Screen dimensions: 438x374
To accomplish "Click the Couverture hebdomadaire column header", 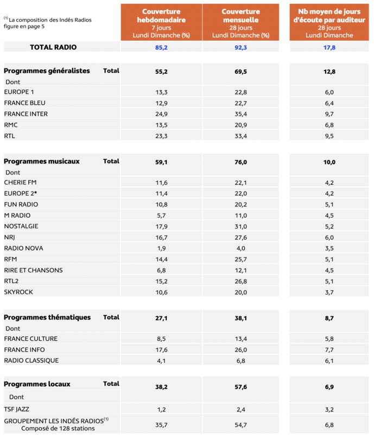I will click(x=161, y=22).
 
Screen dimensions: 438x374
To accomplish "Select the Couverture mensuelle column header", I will click(x=240, y=22).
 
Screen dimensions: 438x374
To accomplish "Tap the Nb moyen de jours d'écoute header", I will click(x=329, y=22).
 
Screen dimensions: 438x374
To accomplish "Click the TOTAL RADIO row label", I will click(x=53, y=47).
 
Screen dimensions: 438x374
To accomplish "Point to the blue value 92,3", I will click(x=240, y=47).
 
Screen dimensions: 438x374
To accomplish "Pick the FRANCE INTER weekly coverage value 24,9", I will click(x=161, y=114).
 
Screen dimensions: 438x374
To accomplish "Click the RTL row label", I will click(x=10, y=136).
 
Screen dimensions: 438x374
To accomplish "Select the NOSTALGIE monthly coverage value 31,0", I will click(x=240, y=226).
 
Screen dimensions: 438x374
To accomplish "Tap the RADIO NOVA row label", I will click(x=23, y=248).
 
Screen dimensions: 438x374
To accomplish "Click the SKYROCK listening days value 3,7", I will click(x=329, y=292).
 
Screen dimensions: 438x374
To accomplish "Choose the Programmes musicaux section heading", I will click(x=42, y=161).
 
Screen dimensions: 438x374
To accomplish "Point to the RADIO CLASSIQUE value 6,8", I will click(x=240, y=360).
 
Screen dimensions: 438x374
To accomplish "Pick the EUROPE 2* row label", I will click(x=21, y=193).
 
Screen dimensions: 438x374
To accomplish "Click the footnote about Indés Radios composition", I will click(x=48, y=23).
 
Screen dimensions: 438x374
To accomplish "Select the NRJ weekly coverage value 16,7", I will click(x=161, y=237).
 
